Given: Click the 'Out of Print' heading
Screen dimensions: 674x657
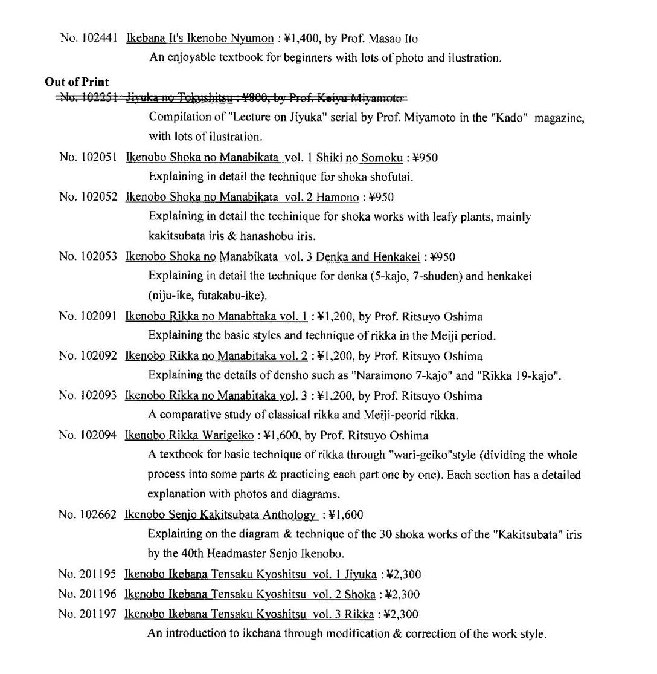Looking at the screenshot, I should (77, 82).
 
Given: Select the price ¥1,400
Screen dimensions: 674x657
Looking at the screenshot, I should (301, 39).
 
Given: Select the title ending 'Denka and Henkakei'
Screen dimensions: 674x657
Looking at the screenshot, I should (272, 257).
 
